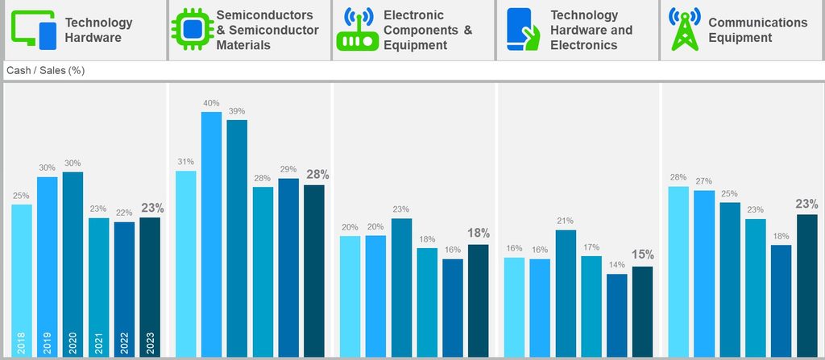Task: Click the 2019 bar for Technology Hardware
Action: click(x=48, y=266)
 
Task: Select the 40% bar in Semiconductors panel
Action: click(x=212, y=234)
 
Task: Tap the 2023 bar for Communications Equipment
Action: click(x=807, y=285)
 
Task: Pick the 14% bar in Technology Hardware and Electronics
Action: click(x=617, y=315)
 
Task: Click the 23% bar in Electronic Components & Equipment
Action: click(x=401, y=287)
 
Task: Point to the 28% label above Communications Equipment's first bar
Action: click(x=678, y=177)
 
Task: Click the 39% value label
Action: click(x=237, y=111)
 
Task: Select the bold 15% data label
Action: click(x=643, y=254)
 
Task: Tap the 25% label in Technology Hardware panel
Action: click(x=22, y=196)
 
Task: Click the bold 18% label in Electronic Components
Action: click(x=479, y=233)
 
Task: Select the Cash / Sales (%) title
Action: click(x=46, y=71)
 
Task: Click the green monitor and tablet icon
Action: click(x=33, y=30)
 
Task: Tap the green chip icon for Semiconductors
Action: click(x=191, y=30)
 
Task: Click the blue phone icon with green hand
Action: click(x=523, y=30)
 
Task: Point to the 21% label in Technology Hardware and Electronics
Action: click(x=566, y=221)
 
